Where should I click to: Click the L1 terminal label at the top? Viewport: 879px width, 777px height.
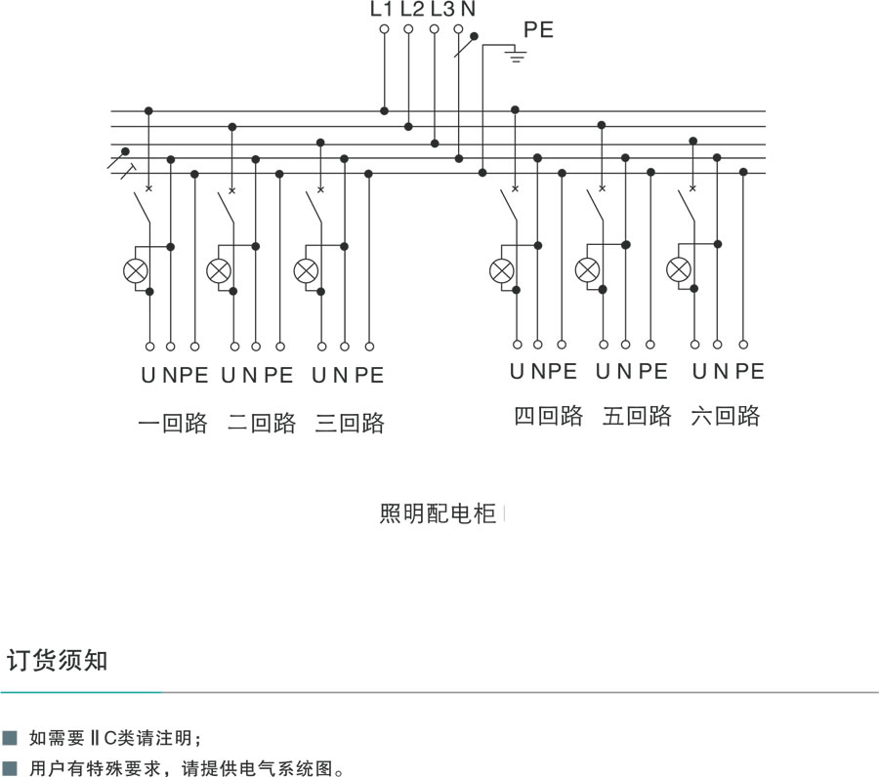tap(381, 10)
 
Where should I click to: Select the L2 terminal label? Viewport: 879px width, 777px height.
tap(412, 10)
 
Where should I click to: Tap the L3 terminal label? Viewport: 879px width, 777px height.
tap(441, 10)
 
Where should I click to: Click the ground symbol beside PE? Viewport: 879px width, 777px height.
tap(516, 57)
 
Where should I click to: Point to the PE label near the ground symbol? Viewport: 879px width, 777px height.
tap(538, 30)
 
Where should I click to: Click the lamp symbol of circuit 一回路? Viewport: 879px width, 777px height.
tap(135, 270)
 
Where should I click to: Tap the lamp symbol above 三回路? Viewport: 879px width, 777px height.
tap(307, 270)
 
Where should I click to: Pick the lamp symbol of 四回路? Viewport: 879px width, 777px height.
tap(501, 269)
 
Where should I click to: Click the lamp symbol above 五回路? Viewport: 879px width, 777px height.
tap(588, 269)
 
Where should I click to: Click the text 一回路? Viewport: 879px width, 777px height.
tap(173, 424)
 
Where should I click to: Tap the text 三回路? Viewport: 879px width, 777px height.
tap(350, 424)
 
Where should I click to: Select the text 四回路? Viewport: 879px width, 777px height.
tap(549, 416)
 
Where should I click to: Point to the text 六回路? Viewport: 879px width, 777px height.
tap(725, 416)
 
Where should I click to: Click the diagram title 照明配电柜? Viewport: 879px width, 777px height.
tap(438, 513)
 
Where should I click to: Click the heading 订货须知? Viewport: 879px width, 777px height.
tap(58, 660)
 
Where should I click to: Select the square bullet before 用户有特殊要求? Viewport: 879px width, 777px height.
tap(11, 768)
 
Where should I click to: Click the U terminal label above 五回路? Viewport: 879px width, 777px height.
tap(604, 372)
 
